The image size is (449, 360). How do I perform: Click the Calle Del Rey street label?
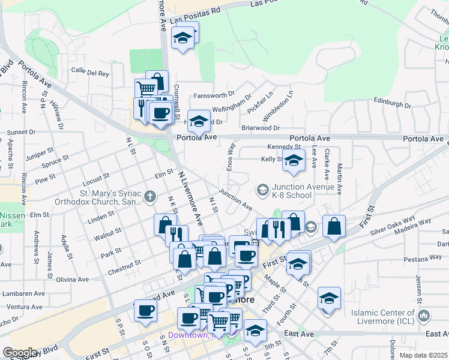(x=90, y=73)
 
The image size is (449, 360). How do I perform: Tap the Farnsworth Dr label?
(x=214, y=95)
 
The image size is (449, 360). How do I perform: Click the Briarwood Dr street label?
(x=260, y=128)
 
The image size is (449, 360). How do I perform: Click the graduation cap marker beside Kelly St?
(x=294, y=161)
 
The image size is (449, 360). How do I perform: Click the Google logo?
(x=20, y=353)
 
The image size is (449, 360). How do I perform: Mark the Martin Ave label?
(x=340, y=178)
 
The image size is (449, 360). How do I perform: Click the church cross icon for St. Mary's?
(x=149, y=196)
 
